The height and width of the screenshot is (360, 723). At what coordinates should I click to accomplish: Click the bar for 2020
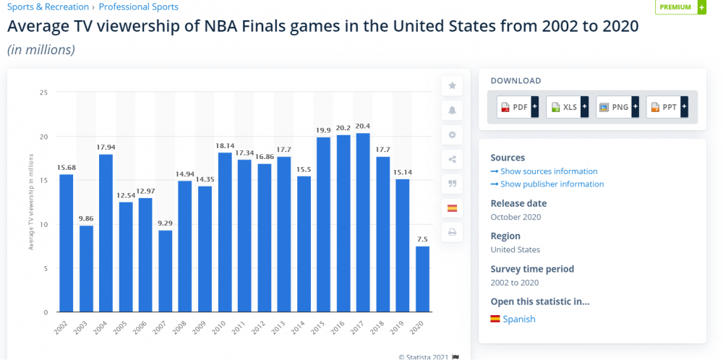pos(422,279)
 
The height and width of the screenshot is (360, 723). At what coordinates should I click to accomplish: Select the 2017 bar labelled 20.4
pos(363,222)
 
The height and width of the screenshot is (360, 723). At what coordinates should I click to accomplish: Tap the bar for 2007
pos(166,271)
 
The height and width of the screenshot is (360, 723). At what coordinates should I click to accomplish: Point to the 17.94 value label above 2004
pos(106,147)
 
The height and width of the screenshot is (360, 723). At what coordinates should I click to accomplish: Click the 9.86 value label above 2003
pos(86,218)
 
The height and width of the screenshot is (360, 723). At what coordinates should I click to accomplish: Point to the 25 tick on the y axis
pos(44,93)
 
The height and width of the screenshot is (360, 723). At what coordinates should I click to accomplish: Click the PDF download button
pos(518,107)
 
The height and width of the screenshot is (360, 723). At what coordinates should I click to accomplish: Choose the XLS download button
pos(567,107)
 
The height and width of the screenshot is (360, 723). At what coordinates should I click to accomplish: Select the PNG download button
pos(617,107)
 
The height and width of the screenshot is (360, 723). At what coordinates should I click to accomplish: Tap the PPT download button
pos(667,107)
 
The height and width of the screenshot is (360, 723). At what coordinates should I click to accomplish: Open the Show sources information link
pos(544,171)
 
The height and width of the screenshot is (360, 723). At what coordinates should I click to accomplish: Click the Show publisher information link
pos(547,184)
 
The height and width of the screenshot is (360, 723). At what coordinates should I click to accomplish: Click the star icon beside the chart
pos(453,85)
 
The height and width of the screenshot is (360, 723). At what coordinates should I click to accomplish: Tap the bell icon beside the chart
pos(453,110)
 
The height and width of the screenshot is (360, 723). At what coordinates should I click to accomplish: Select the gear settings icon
pos(453,134)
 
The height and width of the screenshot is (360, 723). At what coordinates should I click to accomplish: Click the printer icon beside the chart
pos(453,233)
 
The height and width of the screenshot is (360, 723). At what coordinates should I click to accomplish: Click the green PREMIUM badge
pos(680,7)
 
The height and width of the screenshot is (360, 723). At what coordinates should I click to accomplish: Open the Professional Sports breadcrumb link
pos(138,7)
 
